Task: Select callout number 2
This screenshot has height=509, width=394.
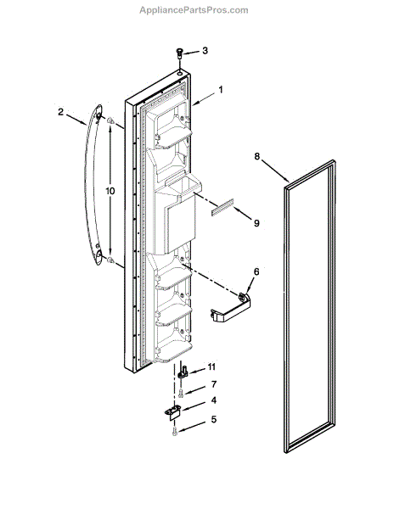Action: pyautogui.click(x=60, y=112)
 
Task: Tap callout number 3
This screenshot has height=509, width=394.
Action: pyautogui.click(x=204, y=52)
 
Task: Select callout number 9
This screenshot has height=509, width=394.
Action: pyautogui.click(x=257, y=224)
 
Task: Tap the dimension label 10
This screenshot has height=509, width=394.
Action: pyautogui.click(x=110, y=192)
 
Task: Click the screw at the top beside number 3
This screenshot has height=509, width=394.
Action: pyautogui.click(x=180, y=53)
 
